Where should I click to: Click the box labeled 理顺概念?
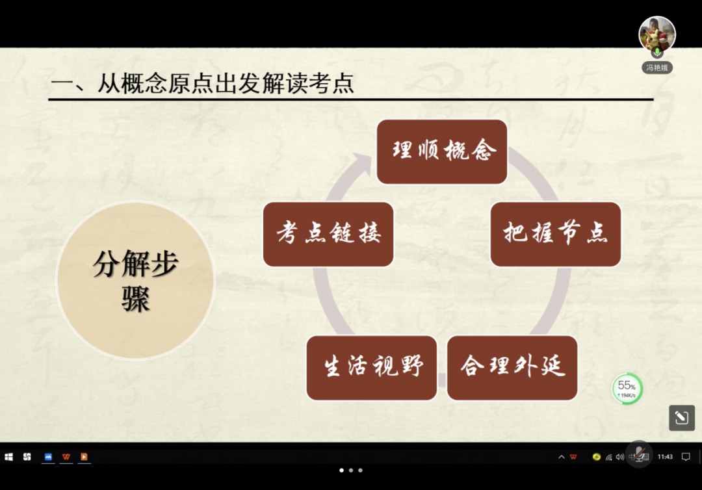click(x=442, y=151)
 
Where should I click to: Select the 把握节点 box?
click(x=556, y=234)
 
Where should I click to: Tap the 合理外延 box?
click(x=512, y=368)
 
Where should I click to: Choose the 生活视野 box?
click(x=372, y=368)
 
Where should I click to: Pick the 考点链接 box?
click(x=328, y=234)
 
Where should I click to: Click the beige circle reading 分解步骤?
click(x=136, y=281)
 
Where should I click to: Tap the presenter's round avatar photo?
click(x=656, y=34)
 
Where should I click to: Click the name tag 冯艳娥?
click(x=656, y=68)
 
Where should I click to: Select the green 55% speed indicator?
click(x=627, y=389)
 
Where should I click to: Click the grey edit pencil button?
click(x=682, y=417)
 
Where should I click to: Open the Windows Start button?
click(x=8, y=456)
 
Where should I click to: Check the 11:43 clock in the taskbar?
click(x=665, y=456)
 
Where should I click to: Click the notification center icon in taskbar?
click(x=686, y=456)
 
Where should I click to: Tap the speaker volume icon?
click(x=619, y=457)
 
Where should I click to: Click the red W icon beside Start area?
click(x=66, y=456)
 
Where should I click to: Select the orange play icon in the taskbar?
click(x=84, y=456)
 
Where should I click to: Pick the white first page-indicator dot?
click(x=342, y=471)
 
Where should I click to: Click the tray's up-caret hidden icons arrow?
click(x=561, y=457)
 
